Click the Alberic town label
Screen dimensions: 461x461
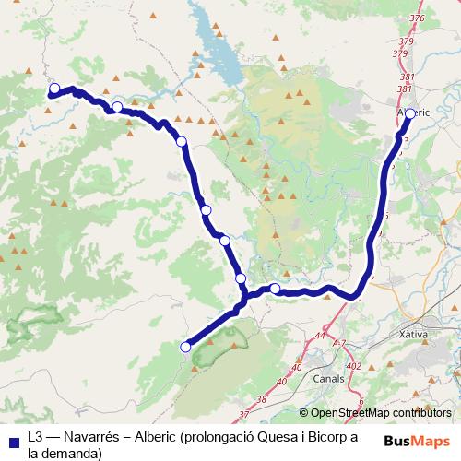click(412, 112)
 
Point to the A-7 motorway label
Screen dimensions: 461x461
click(338, 343)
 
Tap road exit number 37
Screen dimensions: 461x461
click(243, 415)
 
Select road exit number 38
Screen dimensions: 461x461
click(262, 399)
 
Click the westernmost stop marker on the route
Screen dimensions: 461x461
click(54, 89)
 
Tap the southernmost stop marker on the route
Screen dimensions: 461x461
click(185, 347)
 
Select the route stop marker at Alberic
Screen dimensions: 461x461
click(410, 114)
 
